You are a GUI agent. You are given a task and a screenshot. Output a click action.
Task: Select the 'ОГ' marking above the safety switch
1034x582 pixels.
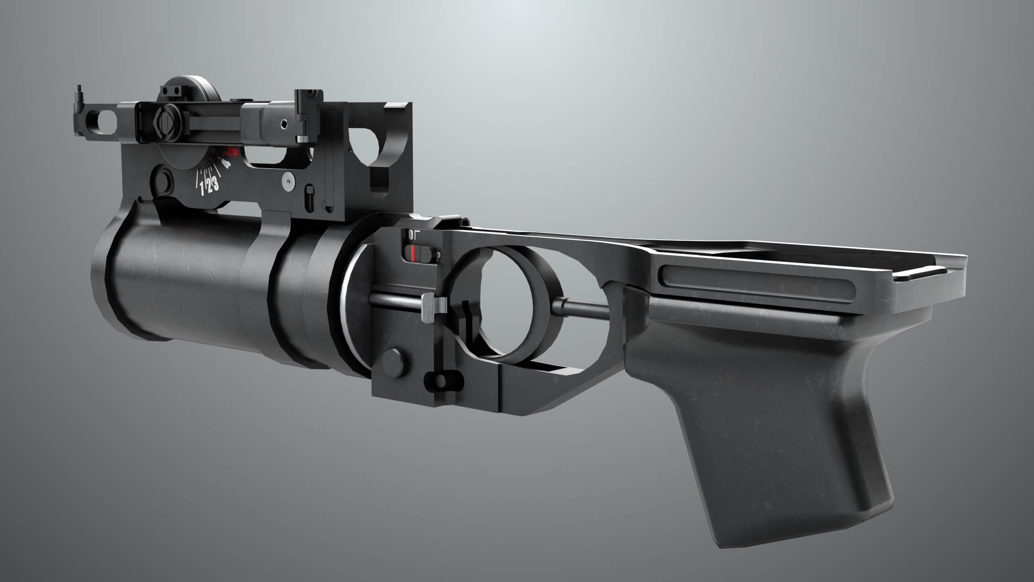click(414, 234)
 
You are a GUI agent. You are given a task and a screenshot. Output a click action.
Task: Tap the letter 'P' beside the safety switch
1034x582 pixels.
click(438, 256)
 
